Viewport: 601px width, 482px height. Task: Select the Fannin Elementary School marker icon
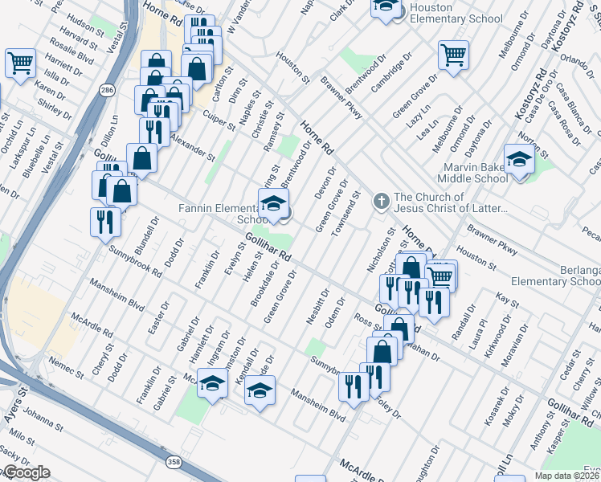pos(273,202)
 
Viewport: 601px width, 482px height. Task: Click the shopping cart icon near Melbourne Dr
pos(453,55)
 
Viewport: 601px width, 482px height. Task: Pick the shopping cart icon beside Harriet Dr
pos(20,62)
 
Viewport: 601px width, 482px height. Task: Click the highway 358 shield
pos(174,462)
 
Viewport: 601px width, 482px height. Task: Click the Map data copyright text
pos(566,476)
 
